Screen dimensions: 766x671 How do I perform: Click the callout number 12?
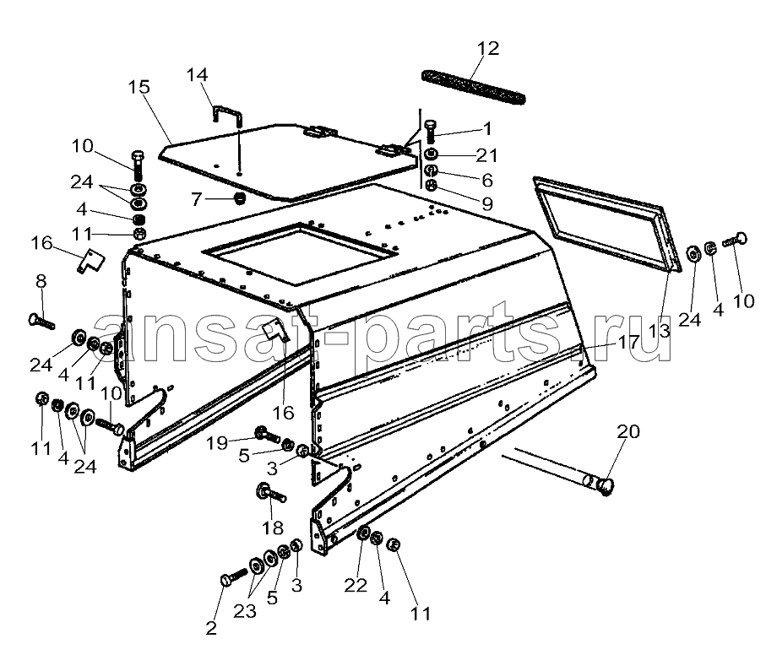[x=487, y=48]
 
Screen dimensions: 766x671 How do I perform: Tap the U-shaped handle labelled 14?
[x=226, y=116]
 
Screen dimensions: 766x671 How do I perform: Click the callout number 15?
[x=139, y=87]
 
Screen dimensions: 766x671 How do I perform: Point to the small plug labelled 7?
[x=239, y=198]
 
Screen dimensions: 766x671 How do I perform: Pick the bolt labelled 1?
[x=430, y=131]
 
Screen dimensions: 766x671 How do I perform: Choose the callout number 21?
[x=486, y=155]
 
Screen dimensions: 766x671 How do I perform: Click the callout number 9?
[x=487, y=203]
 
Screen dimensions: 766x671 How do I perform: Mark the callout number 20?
[x=627, y=431]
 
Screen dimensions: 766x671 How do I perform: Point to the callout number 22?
[x=356, y=585]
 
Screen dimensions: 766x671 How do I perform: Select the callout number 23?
[x=244, y=610]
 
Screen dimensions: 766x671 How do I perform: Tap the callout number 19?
[x=216, y=443]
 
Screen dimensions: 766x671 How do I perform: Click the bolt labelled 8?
[x=41, y=322]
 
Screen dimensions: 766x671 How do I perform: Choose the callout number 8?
[x=41, y=281]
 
